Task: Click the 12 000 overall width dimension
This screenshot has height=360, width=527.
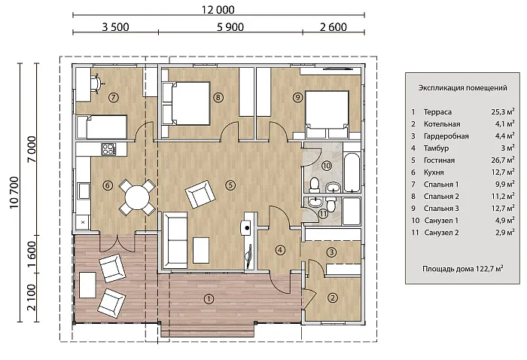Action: (218, 10)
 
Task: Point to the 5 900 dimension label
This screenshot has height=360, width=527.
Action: (230, 27)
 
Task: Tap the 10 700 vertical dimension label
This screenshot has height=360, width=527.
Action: (14, 193)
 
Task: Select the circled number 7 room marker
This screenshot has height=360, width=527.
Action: (113, 97)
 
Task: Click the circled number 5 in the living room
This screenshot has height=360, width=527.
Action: (230, 185)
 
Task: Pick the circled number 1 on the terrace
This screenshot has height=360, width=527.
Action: (209, 298)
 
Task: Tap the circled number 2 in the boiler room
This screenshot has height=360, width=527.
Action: (333, 297)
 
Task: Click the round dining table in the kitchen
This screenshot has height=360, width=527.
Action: (137, 197)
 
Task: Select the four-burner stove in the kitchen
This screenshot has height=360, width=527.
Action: (108, 149)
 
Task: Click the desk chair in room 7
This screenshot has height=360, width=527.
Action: (97, 82)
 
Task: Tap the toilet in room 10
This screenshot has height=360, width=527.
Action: (315, 185)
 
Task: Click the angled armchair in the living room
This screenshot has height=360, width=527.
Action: (200, 194)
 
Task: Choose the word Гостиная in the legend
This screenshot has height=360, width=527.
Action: (439, 160)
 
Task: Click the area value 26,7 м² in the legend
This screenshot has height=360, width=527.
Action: (503, 160)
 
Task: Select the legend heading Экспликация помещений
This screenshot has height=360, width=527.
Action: (462, 87)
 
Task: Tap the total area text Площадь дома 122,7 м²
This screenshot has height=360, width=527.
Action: (463, 269)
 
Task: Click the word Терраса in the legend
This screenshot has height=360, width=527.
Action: (437, 112)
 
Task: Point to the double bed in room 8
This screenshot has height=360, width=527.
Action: (186, 103)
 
